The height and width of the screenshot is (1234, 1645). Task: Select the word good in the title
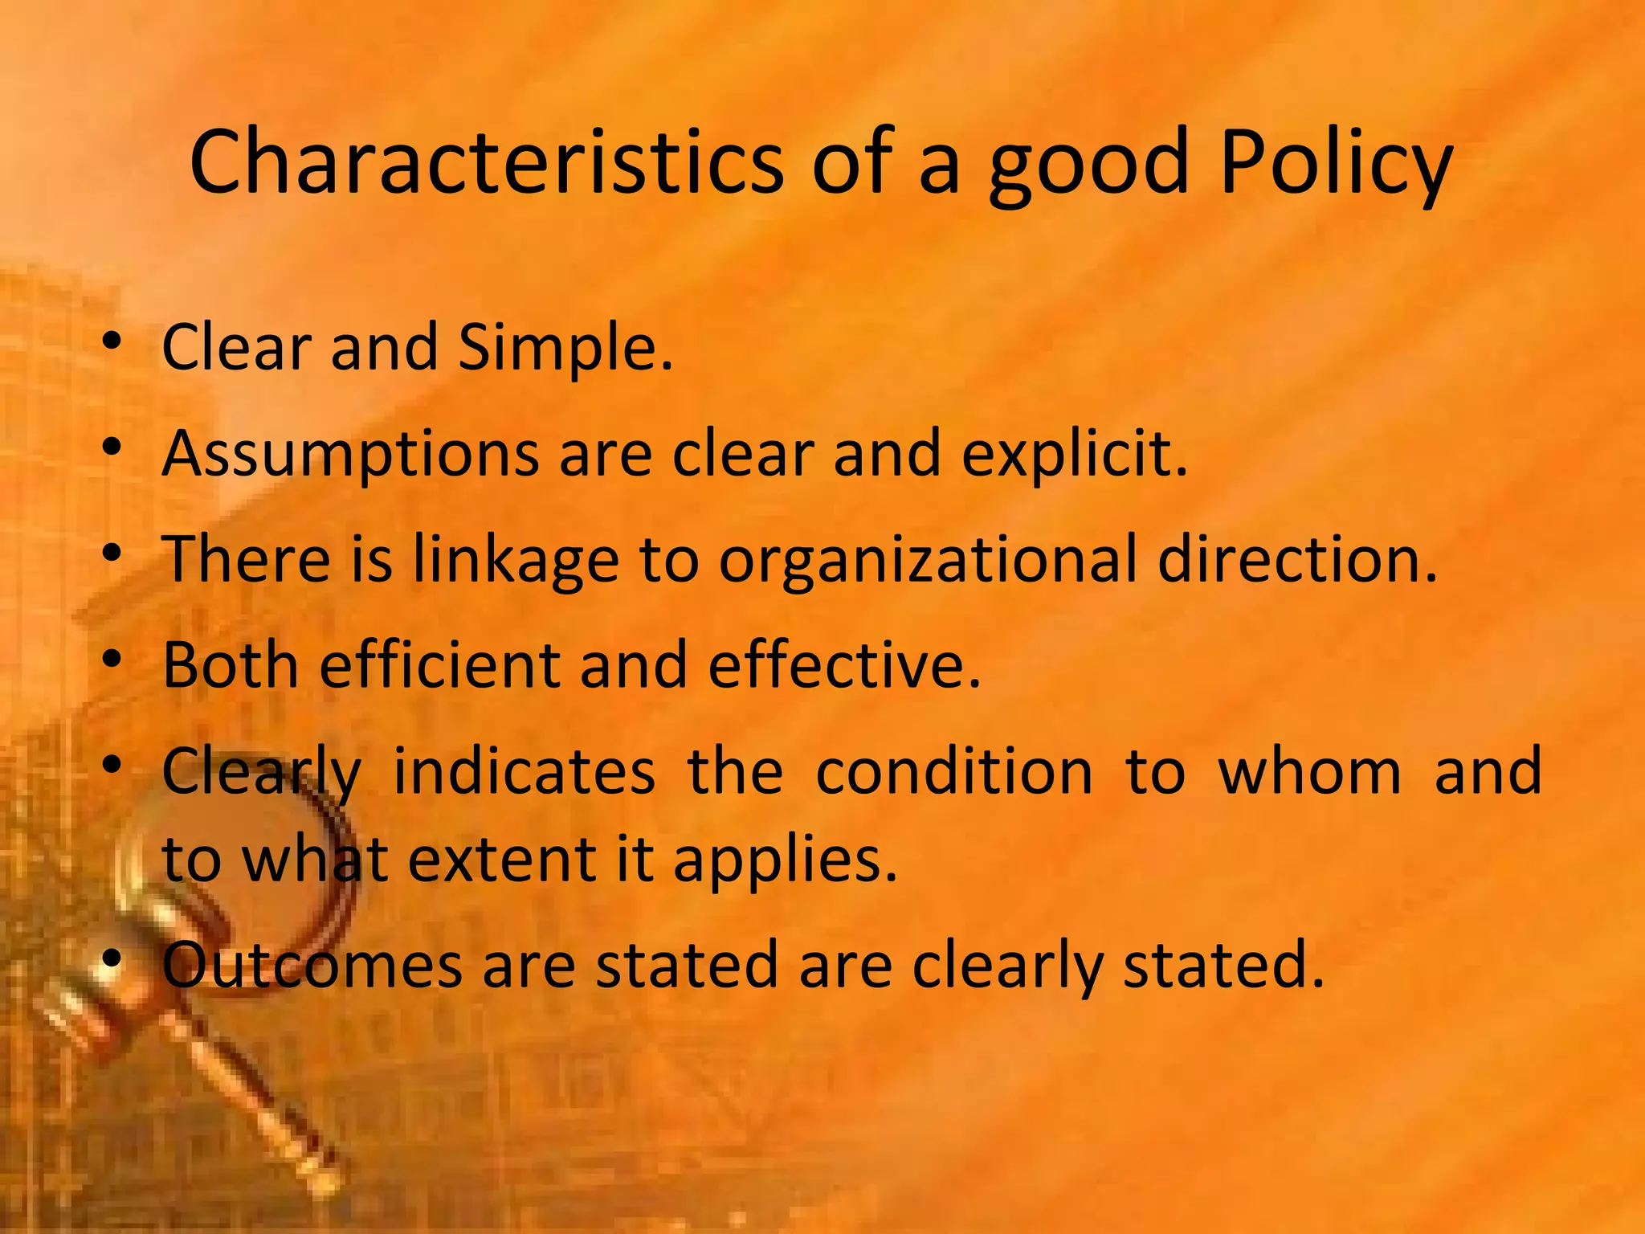pos(1088,165)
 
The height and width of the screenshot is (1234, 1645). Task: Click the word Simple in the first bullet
pos(565,348)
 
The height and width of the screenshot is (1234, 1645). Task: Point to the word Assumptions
pos(350,454)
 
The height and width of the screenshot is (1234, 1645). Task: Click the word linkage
pos(516,560)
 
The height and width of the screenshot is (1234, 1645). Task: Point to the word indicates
pos(524,771)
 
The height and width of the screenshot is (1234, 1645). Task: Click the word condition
pos(954,771)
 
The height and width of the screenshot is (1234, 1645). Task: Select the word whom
pos(1309,771)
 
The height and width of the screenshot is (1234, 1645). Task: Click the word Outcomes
pos(312,965)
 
